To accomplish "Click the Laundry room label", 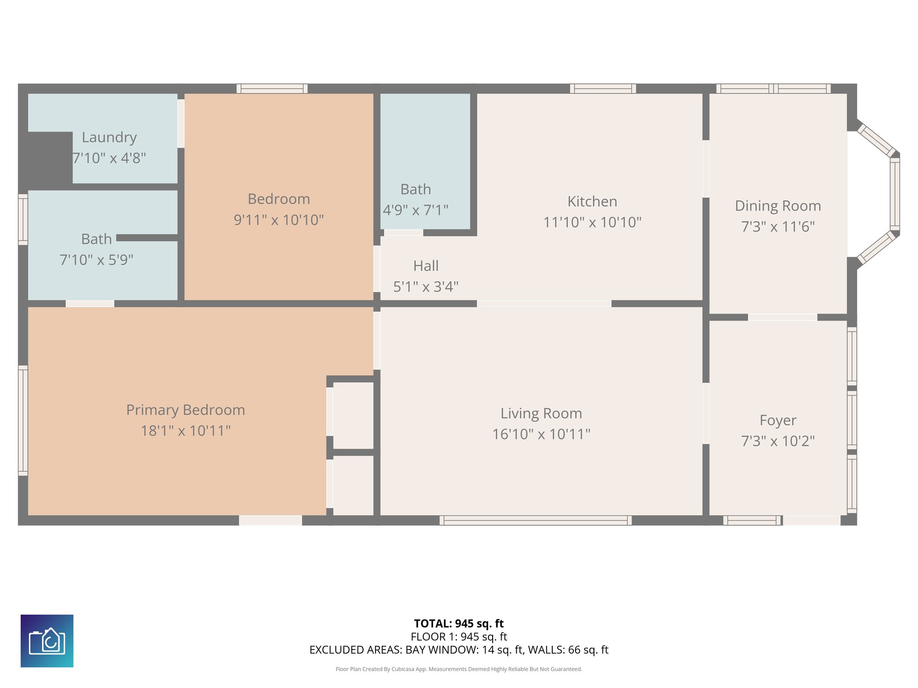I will [x=109, y=137].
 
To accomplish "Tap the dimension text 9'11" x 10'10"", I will [x=279, y=220].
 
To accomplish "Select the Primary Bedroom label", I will [x=186, y=410].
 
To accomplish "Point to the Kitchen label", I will [x=592, y=202].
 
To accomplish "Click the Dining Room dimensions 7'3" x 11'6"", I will [x=778, y=227].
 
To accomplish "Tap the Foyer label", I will [x=778, y=421].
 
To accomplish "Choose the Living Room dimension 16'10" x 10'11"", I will [x=541, y=434].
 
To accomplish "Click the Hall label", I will [x=426, y=266].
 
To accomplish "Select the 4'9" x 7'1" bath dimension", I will [x=416, y=210].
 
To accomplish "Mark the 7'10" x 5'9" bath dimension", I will [x=96, y=260].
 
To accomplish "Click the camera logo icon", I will [x=47, y=641].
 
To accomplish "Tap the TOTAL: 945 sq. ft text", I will [x=459, y=623].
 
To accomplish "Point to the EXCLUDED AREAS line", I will [x=459, y=650].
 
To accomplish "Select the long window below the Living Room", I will [x=536, y=520].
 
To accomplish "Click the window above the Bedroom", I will [x=272, y=89].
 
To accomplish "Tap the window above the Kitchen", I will [x=603, y=89].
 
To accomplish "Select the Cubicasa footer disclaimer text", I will [x=459, y=669].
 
